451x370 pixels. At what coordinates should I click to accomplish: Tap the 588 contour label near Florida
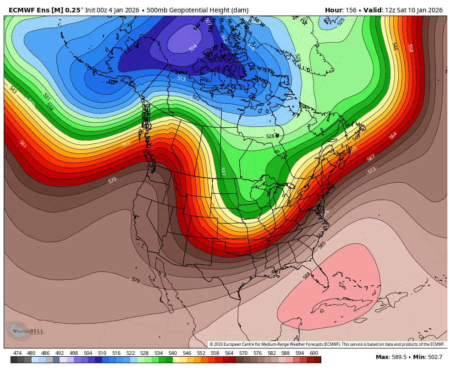[x=307, y=275]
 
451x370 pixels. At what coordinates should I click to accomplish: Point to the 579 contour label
[x=136, y=280]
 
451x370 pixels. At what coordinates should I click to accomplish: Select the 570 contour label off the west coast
[x=112, y=180]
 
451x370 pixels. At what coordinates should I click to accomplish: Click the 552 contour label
[x=126, y=143]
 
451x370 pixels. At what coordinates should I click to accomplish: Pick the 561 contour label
[x=22, y=144]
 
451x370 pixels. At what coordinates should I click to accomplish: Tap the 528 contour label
[x=270, y=136]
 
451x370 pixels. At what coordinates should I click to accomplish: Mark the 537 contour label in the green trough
[x=223, y=171]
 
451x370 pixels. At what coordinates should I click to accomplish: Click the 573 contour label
[x=371, y=170]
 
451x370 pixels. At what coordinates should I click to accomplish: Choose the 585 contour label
[x=322, y=245]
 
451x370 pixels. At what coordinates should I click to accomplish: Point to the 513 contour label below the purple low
[x=181, y=79]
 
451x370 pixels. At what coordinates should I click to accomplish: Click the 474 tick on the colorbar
[x=17, y=353]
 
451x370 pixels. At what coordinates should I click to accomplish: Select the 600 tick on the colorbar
[x=314, y=353]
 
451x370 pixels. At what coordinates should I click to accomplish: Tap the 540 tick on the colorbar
[x=172, y=353]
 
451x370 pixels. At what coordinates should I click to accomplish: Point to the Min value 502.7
[x=433, y=357]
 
